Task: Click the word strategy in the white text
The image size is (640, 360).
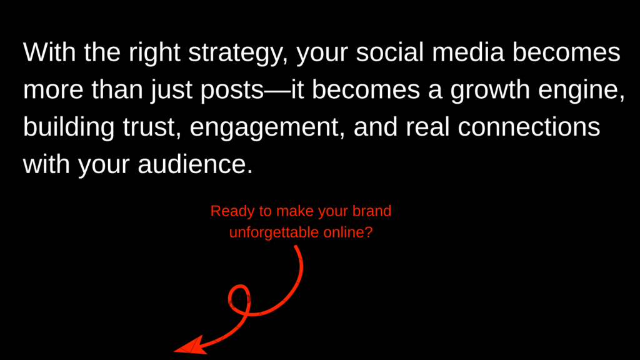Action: coord(238,54)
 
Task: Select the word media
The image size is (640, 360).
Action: coord(468,52)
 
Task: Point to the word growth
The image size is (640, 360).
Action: coord(490,91)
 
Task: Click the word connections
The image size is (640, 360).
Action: coord(529,127)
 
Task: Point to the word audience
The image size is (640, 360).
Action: coord(195,164)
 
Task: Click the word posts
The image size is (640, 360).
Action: coord(232,91)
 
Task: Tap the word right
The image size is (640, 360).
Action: coord(154,54)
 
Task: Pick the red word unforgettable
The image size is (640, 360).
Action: coord(274,232)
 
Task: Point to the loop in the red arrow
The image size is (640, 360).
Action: coord(239,301)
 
